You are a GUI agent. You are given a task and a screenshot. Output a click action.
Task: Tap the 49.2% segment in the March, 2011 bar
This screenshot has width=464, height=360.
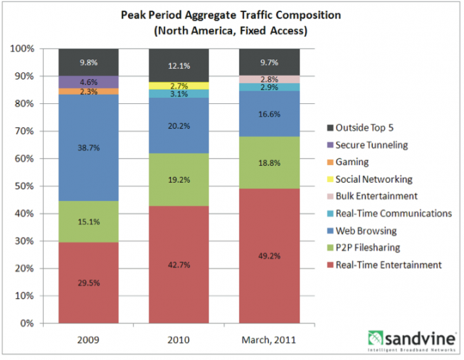(270, 256)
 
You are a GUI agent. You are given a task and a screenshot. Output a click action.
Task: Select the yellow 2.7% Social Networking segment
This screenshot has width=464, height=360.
(179, 86)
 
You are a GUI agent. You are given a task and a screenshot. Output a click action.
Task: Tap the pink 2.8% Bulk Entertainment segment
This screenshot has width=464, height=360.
(270, 79)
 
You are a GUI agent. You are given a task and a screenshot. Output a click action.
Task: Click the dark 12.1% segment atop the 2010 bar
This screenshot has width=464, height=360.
(179, 65)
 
